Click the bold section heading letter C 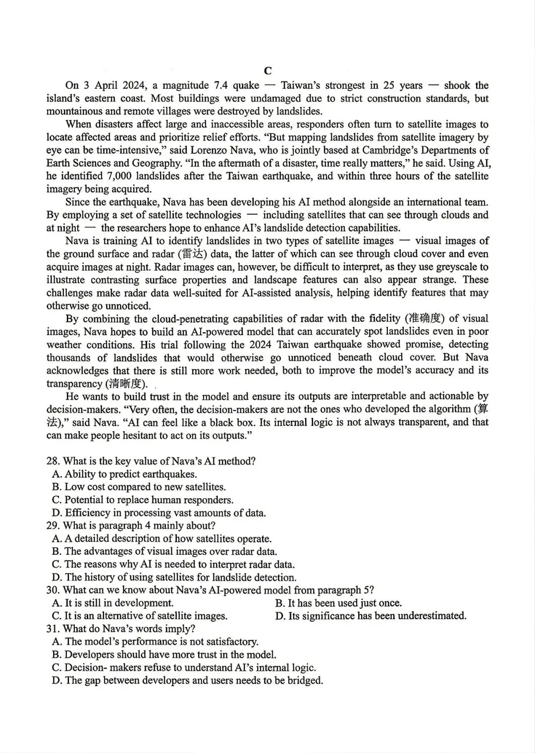point(267,71)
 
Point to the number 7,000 point(118,176)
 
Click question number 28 point(53,461)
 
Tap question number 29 point(53,525)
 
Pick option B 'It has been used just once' point(338,603)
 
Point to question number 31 point(53,629)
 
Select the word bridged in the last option point(305,680)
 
